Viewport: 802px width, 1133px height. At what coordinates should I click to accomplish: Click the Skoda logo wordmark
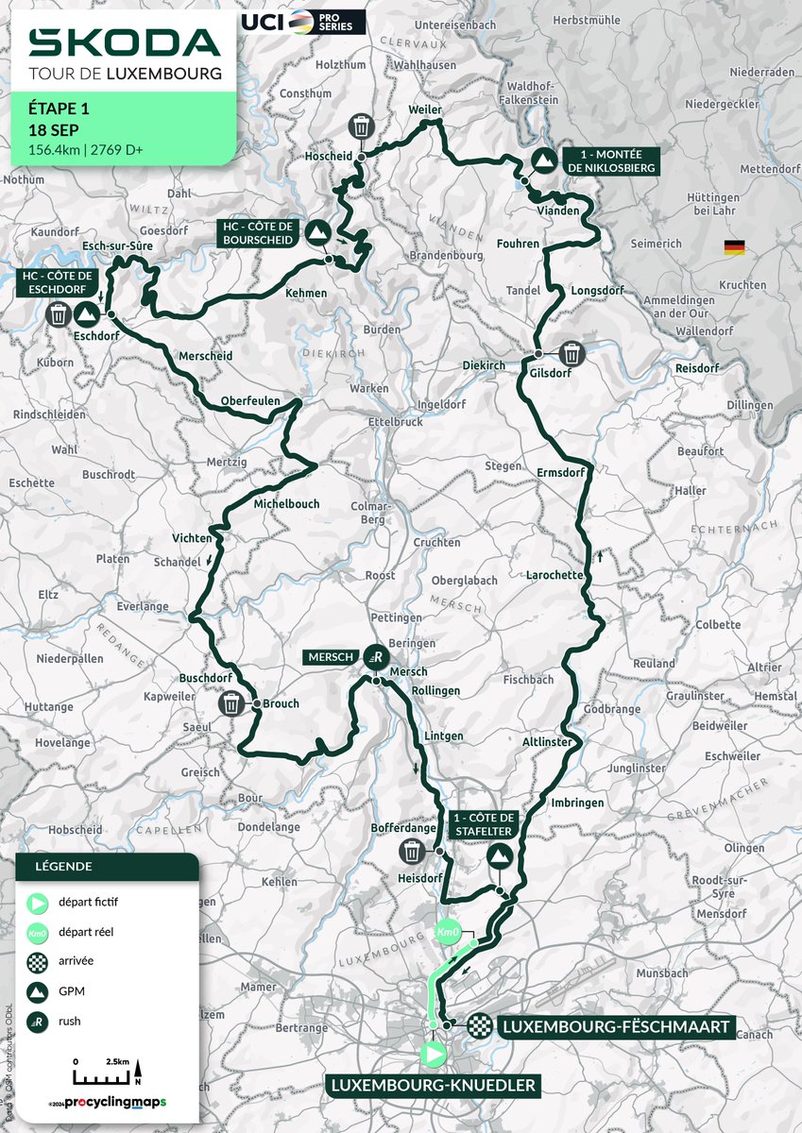[124, 42]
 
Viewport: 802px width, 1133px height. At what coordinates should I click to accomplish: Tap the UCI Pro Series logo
[302, 22]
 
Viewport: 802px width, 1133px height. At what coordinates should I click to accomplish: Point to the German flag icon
[734, 247]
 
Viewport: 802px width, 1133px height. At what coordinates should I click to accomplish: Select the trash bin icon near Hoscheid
[362, 126]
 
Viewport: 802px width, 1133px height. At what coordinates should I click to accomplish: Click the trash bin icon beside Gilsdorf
[572, 354]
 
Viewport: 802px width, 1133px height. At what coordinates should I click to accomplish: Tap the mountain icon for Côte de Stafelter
[499, 856]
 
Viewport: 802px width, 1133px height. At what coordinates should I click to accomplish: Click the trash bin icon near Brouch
[231, 703]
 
